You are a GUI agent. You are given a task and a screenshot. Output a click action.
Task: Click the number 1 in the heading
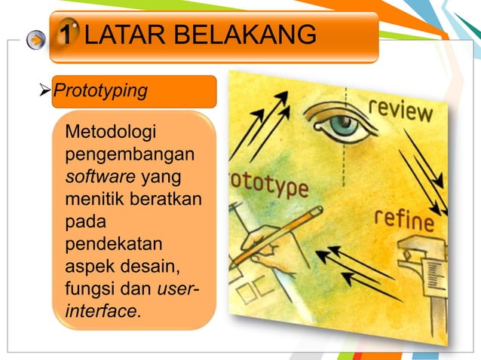[67, 35]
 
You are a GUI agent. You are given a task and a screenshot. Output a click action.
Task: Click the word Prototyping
[105, 92]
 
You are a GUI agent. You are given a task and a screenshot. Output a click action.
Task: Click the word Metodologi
[111, 133]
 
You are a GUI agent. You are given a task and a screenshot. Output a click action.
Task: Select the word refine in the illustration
[404, 220]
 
